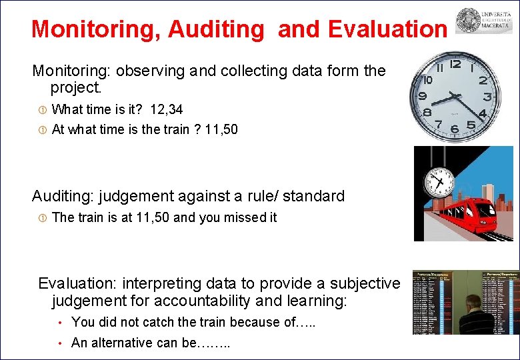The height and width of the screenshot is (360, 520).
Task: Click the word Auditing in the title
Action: pos(217,29)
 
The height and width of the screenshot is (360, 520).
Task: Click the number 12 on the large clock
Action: pos(455,64)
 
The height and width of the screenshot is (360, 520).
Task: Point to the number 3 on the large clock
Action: pos(488,97)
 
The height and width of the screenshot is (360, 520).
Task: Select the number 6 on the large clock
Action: pos(454,129)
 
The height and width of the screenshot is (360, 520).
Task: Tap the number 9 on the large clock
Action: pos(421,97)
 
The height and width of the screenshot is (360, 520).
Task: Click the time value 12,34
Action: pos(167,109)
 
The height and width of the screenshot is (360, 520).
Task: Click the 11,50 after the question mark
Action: pos(221,129)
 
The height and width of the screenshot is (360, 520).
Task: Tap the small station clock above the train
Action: pos(438,179)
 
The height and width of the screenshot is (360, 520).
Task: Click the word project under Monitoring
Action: pos(75,88)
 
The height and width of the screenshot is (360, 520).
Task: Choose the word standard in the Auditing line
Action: pos(315,196)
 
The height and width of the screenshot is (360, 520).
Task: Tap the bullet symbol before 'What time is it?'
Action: pos(41,109)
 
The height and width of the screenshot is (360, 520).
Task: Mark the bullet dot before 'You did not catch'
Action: pos(59,323)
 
